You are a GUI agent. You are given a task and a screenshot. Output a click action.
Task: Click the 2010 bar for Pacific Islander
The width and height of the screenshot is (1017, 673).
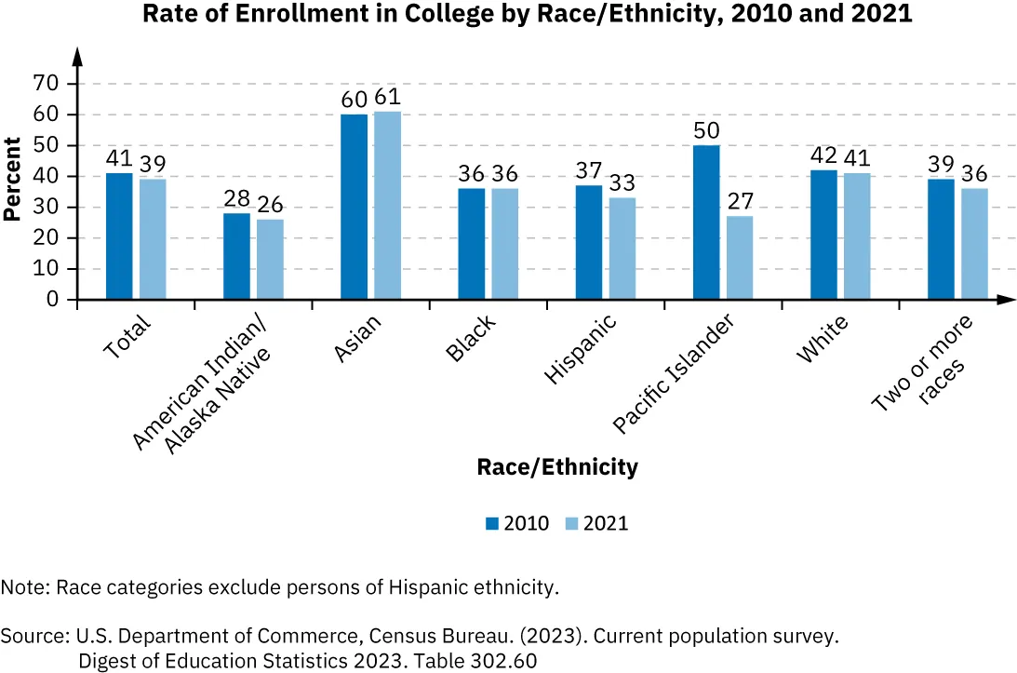click(x=706, y=222)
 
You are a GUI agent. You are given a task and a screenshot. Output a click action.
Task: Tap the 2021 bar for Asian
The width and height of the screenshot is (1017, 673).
click(x=387, y=206)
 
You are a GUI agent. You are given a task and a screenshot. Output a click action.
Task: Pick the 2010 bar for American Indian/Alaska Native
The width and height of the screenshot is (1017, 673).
click(x=236, y=256)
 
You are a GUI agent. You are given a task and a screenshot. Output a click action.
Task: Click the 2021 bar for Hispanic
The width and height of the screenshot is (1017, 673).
click(x=622, y=249)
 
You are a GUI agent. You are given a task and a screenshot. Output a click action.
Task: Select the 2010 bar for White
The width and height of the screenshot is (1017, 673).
click(x=823, y=235)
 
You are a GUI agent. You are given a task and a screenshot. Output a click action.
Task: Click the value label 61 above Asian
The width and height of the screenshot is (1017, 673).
click(x=387, y=97)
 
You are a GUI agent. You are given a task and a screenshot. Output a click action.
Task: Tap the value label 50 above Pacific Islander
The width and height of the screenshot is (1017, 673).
click(x=706, y=129)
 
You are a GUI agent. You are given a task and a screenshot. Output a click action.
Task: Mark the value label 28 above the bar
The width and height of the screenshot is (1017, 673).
click(x=236, y=197)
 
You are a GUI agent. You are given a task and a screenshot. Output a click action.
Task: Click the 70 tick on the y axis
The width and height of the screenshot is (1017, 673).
click(x=47, y=84)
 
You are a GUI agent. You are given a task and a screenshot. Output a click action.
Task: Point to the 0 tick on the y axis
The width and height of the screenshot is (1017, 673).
click(x=53, y=300)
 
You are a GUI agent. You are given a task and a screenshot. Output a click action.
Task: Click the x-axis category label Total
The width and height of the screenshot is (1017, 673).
click(x=127, y=337)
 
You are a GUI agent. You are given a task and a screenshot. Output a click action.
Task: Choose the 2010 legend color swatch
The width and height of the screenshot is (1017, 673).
click(x=492, y=523)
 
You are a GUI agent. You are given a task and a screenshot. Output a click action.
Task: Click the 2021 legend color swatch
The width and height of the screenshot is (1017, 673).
click(x=572, y=523)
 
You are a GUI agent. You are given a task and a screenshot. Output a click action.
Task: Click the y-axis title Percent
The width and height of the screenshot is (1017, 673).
click(x=12, y=179)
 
